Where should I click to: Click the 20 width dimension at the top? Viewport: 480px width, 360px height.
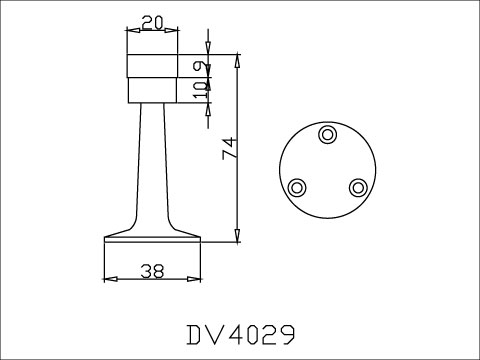(153, 22)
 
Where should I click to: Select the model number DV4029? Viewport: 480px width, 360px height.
(239, 331)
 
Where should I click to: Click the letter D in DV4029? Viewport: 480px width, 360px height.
(194, 331)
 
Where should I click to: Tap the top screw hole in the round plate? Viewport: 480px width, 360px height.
(327, 134)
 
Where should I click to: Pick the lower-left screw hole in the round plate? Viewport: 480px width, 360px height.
(297, 187)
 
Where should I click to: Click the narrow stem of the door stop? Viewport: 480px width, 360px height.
(152, 160)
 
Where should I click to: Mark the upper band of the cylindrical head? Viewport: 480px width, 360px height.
(152, 68)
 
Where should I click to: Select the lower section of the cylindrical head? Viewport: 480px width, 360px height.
(152, 91)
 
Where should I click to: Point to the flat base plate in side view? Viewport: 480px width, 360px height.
(152, 239)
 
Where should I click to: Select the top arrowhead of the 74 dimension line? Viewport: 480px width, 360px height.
(237, 61)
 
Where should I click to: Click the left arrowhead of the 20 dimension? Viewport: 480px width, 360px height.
(130, 31)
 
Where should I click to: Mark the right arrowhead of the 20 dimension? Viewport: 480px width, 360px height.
(174, 31)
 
